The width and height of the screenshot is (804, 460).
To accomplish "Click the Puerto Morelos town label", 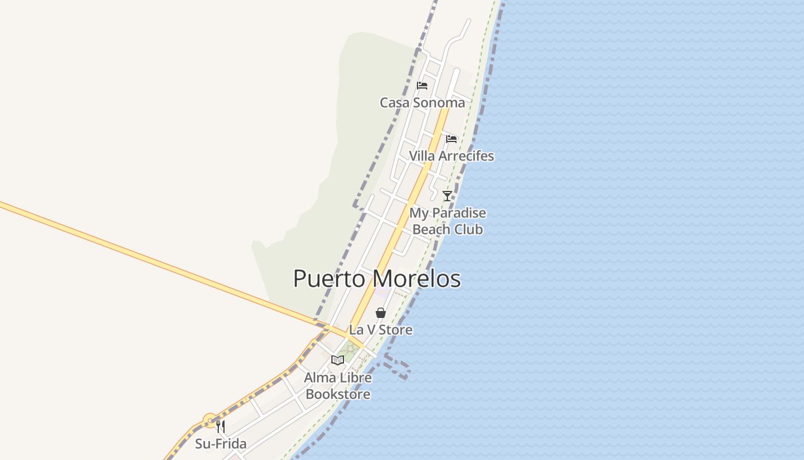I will (x=377, y=279).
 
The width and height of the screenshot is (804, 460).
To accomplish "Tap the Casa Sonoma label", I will (x=422, y=103).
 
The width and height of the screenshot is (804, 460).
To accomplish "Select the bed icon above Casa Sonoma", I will (x=422, y=86).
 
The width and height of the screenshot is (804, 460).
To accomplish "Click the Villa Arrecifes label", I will (x=451, y=156).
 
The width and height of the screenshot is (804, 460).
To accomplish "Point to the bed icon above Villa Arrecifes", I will (x=451, y=139).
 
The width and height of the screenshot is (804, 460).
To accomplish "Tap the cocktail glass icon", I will (x=447, y=196).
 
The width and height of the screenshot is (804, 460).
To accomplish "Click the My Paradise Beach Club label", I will (x=447, y=221).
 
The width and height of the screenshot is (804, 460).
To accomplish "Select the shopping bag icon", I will (x=380, y=313).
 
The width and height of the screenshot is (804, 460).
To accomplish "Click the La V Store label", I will (x=381, y=330).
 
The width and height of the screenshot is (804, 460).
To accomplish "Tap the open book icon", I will (x=338, y=361).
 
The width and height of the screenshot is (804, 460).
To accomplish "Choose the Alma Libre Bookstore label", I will (x=338, y=386).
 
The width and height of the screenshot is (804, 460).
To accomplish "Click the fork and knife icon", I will (x=221, y=427).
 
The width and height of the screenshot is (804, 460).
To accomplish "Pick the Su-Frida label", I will (x=221, y=444).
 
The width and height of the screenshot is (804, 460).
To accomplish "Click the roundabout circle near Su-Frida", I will (x=210, y=420).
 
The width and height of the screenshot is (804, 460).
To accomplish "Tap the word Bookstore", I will (x=338, y=394).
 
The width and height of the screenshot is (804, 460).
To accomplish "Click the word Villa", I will (x=422, y=156).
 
